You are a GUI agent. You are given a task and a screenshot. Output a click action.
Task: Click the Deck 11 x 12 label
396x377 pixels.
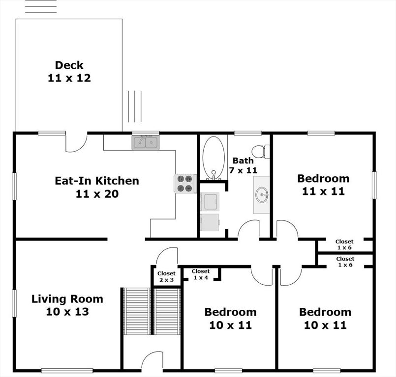tap(69, 72)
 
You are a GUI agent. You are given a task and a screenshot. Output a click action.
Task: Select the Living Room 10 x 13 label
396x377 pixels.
tap(67, 305)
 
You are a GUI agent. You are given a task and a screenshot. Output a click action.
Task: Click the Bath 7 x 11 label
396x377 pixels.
tap(244, 165)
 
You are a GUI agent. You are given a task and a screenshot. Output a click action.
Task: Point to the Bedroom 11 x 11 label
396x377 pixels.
tap(323, 185)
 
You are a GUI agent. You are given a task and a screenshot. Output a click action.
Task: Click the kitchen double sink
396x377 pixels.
tap(145, 142)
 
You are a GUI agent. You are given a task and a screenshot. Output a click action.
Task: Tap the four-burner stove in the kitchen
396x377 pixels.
tap(185, 184)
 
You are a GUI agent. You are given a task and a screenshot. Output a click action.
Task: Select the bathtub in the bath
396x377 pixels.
tap(213, 158)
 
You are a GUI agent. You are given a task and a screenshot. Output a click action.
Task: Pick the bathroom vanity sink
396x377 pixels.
tap(261, 195)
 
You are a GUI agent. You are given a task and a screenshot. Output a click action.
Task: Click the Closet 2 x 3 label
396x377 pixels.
tap(166, 276)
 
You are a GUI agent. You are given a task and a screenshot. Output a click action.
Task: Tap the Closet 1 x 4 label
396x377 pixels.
tap(201, 274)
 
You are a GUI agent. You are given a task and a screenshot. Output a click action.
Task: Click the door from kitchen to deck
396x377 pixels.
tap(76, 142)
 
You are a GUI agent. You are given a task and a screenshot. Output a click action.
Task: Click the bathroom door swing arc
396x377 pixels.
tap(249, 229)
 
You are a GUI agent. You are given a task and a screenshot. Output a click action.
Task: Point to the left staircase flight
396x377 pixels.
tap(137, 311)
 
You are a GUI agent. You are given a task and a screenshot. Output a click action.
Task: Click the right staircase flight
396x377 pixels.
tap(168, 311)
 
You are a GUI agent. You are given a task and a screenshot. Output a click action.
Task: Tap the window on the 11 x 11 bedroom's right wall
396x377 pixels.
tap(374, 185)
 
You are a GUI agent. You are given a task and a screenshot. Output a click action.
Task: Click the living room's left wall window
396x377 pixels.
tap(14, 303)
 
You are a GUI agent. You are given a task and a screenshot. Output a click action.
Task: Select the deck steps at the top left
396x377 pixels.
tap(41, 6)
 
